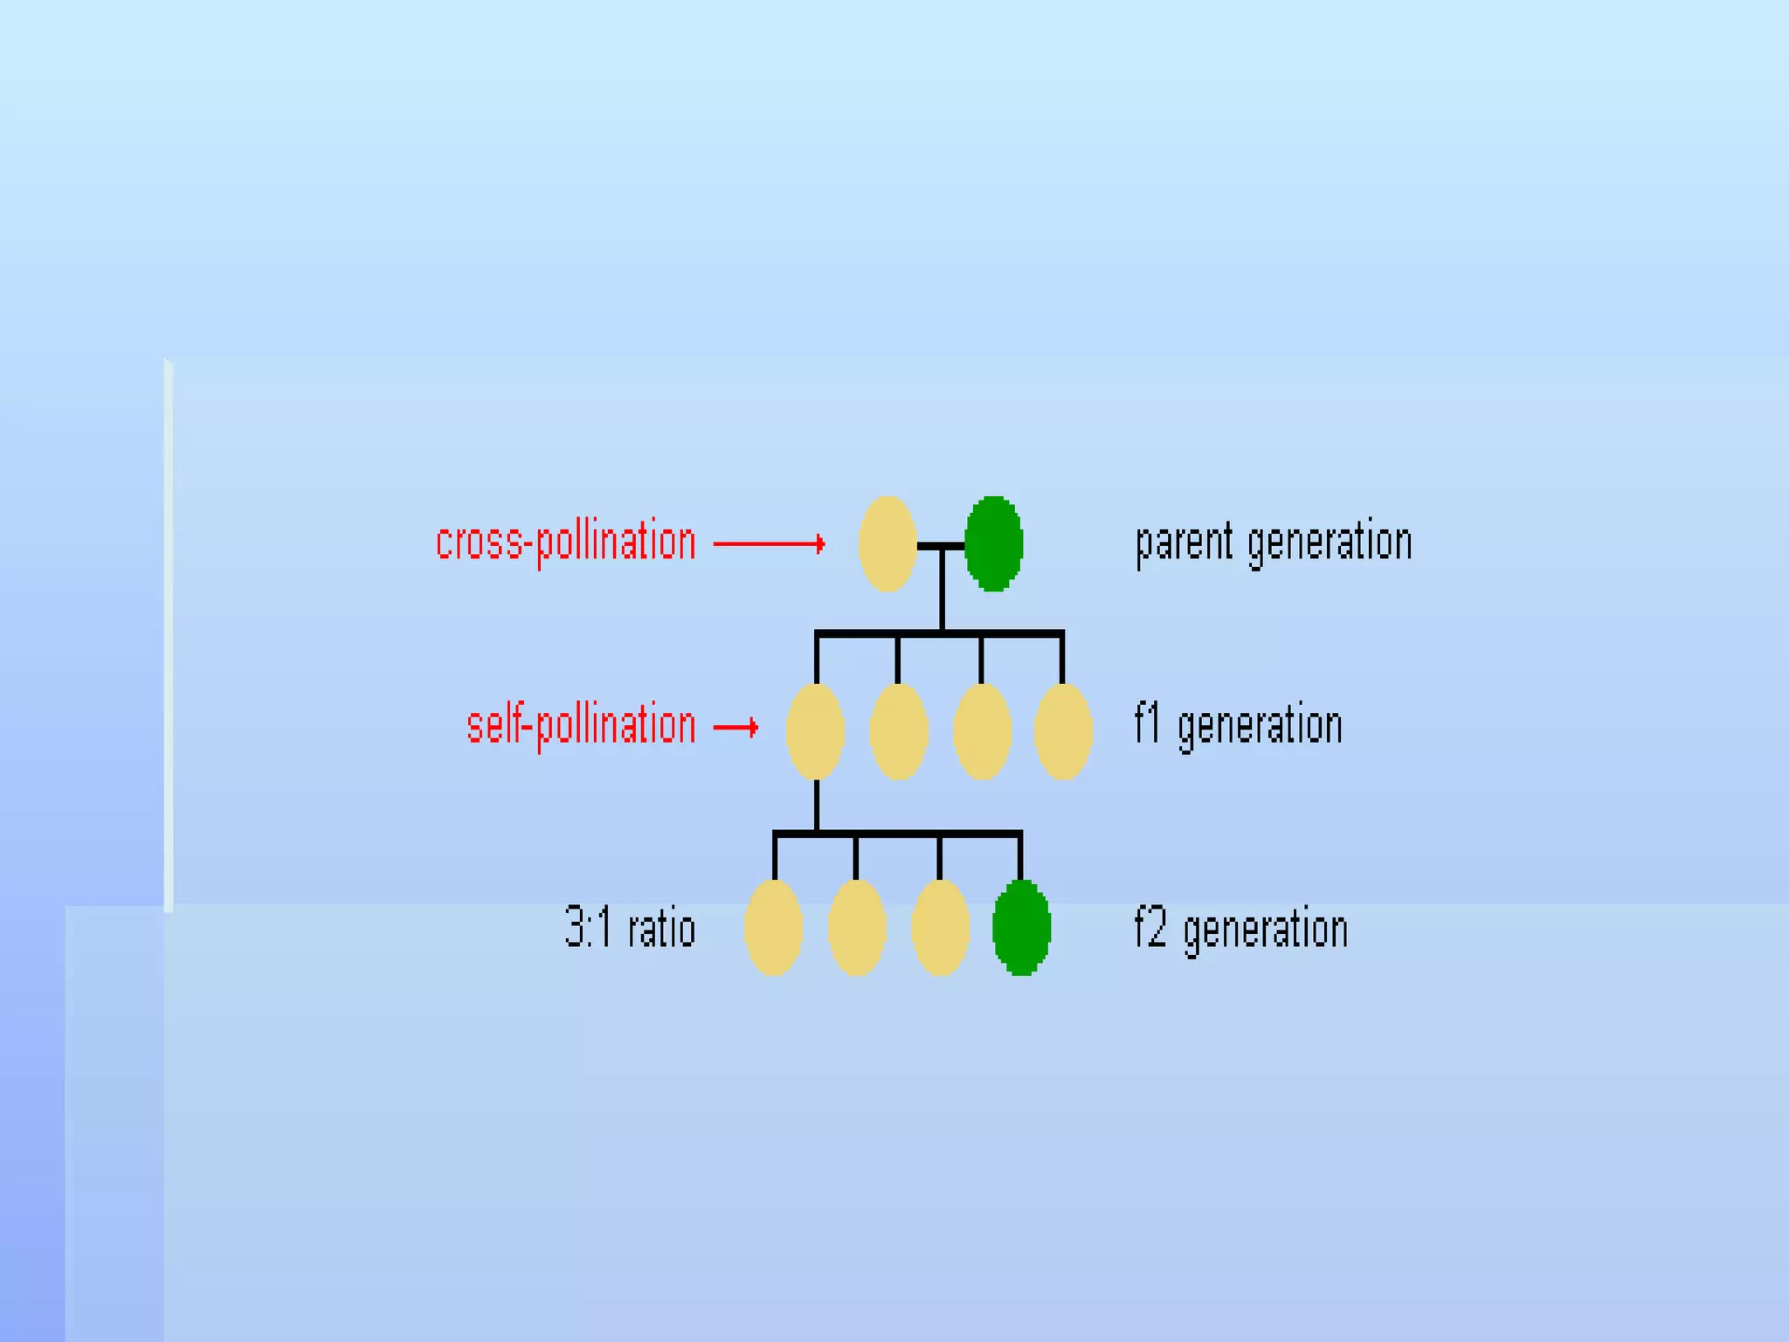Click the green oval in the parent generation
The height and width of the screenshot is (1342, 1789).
click(x=993, y=543)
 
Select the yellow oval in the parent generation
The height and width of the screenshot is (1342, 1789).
click(x=888, y=543)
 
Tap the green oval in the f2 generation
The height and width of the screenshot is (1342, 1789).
click(x=1021, y=927)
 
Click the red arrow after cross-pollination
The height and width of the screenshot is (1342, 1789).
click(x=769, y=544)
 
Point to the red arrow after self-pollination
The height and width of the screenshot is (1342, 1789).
click(x=736, y=727)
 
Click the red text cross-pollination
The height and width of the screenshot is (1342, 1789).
click(x=566, y=543)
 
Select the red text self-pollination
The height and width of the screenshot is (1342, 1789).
click(x=581, y=726)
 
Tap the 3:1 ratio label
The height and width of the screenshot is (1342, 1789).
click(x=630, y=927)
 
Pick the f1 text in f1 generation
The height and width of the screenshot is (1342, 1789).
click(x=1148, y=724)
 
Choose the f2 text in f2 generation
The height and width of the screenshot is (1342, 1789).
click(x=1150, y=927)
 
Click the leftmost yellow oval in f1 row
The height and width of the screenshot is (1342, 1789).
click(x=815, y=731)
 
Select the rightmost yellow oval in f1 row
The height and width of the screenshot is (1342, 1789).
click(x=1063, y=731)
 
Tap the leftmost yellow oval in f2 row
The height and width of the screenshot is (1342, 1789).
click(x=774, y=927)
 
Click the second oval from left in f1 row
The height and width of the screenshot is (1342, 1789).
click(x=899, y=731)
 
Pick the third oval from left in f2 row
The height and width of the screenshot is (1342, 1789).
click(x=940, y=927)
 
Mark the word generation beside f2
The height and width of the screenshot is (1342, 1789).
click(x=1265, y=930)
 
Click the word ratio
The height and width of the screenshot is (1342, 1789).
click(x=661, y=927)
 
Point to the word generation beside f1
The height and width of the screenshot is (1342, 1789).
click(x=1260, y=728)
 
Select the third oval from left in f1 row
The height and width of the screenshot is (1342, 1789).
click(x=982, y=731)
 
